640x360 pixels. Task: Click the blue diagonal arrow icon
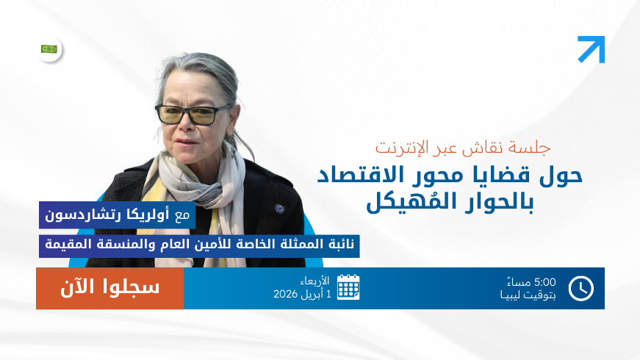[x=592, y=49]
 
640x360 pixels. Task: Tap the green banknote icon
[x=49, y=49]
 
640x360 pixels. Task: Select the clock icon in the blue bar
[x=580, y=288]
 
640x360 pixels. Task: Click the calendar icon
[x=348, y=287]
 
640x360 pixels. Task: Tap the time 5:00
[x=544, y=282]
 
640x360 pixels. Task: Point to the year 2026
[x=286, y=294]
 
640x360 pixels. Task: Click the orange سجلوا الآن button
[x=109, y=288]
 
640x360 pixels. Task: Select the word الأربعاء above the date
[x=314, y=281]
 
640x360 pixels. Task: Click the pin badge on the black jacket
[x=280, y=209]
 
